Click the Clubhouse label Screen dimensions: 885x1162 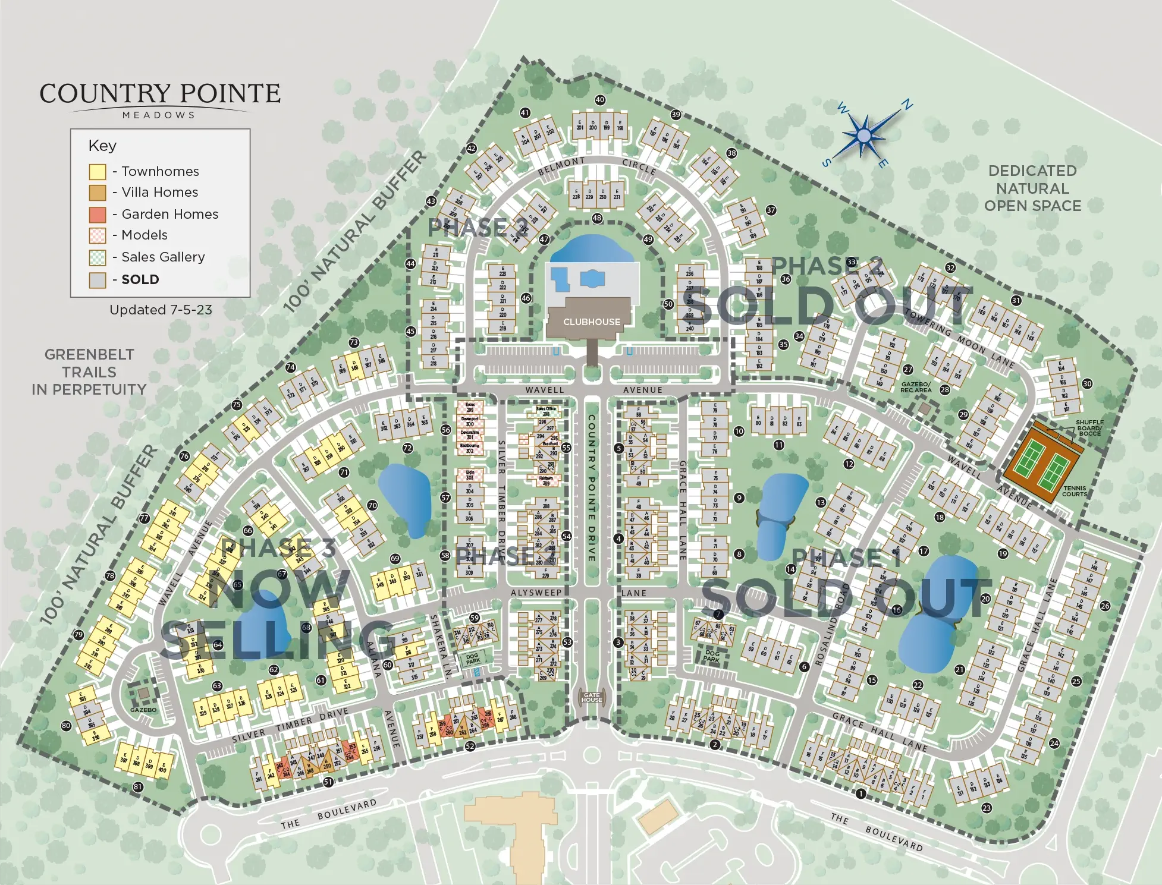pos(591,322)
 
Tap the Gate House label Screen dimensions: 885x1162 pos(592,698)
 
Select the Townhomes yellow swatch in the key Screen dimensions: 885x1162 pos(98,172)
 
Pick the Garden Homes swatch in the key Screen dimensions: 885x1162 pos(98,215)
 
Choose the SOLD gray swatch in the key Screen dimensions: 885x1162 pos(98,280)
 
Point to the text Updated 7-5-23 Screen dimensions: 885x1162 pos(161,310)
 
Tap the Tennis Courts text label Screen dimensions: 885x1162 pos(1074,492)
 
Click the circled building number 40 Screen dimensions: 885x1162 pos(600,100)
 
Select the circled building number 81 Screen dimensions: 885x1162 pos(138,787)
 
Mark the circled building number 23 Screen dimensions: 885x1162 pos(987,808)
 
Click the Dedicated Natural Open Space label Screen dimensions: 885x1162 pos(1032,188)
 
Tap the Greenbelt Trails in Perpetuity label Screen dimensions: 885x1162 pos(89,372)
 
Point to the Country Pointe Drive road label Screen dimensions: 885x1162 pos(592,487)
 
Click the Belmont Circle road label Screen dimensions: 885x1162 pos(596,165)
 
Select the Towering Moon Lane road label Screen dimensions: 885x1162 pos(959,339)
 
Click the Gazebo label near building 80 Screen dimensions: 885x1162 pos(143,710)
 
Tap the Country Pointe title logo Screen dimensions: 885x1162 pos(159,99)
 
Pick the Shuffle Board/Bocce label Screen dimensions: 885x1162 pos(1089,428)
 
